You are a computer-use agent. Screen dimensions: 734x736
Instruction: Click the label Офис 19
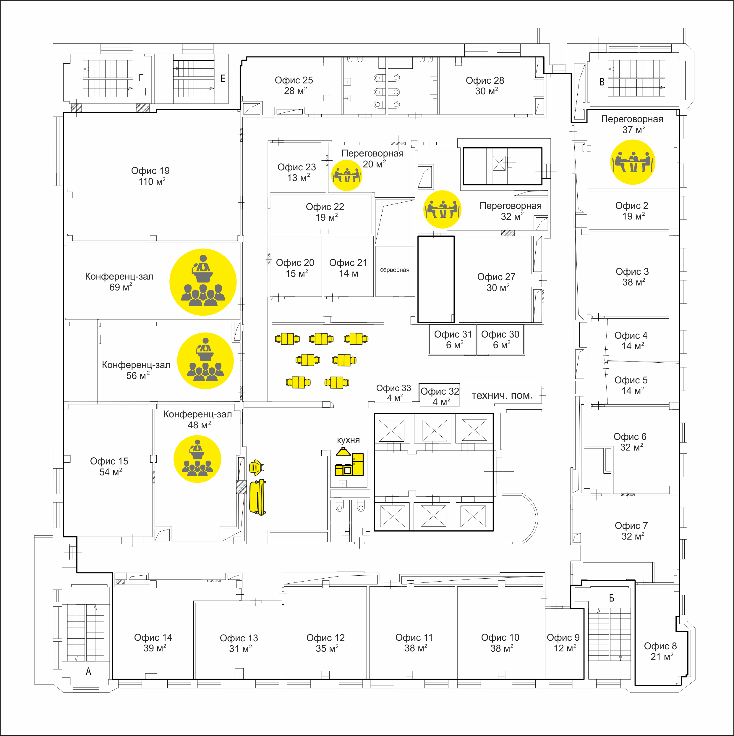point(150,171)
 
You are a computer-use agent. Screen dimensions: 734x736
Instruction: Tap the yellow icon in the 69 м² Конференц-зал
point(203,282)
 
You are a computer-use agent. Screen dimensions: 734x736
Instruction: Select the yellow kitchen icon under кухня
point(349,462)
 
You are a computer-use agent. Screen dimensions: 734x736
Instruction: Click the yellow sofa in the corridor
point(258,497)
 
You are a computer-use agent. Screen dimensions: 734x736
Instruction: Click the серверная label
point(395,270)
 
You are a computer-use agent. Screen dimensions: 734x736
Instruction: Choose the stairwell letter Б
point(611,598)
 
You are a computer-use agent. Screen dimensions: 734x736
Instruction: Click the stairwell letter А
point(88,671)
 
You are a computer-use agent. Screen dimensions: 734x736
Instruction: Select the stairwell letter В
point(602,82)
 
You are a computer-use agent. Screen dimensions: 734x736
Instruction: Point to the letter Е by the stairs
point(223,78)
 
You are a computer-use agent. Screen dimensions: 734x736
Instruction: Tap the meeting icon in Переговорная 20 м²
point(346,175)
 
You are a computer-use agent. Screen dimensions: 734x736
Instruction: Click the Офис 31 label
point(453,334)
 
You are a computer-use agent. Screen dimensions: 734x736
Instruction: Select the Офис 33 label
point(394,388)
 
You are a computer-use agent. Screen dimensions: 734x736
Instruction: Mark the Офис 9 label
point(563,637)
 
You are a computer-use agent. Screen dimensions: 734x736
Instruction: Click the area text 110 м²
point(152,181)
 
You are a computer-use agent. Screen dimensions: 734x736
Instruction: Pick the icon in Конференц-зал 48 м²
point(197,459)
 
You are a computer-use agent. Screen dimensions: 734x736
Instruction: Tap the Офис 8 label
point(660,646)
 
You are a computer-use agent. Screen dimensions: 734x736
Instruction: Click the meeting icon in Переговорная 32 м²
point(442,209)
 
